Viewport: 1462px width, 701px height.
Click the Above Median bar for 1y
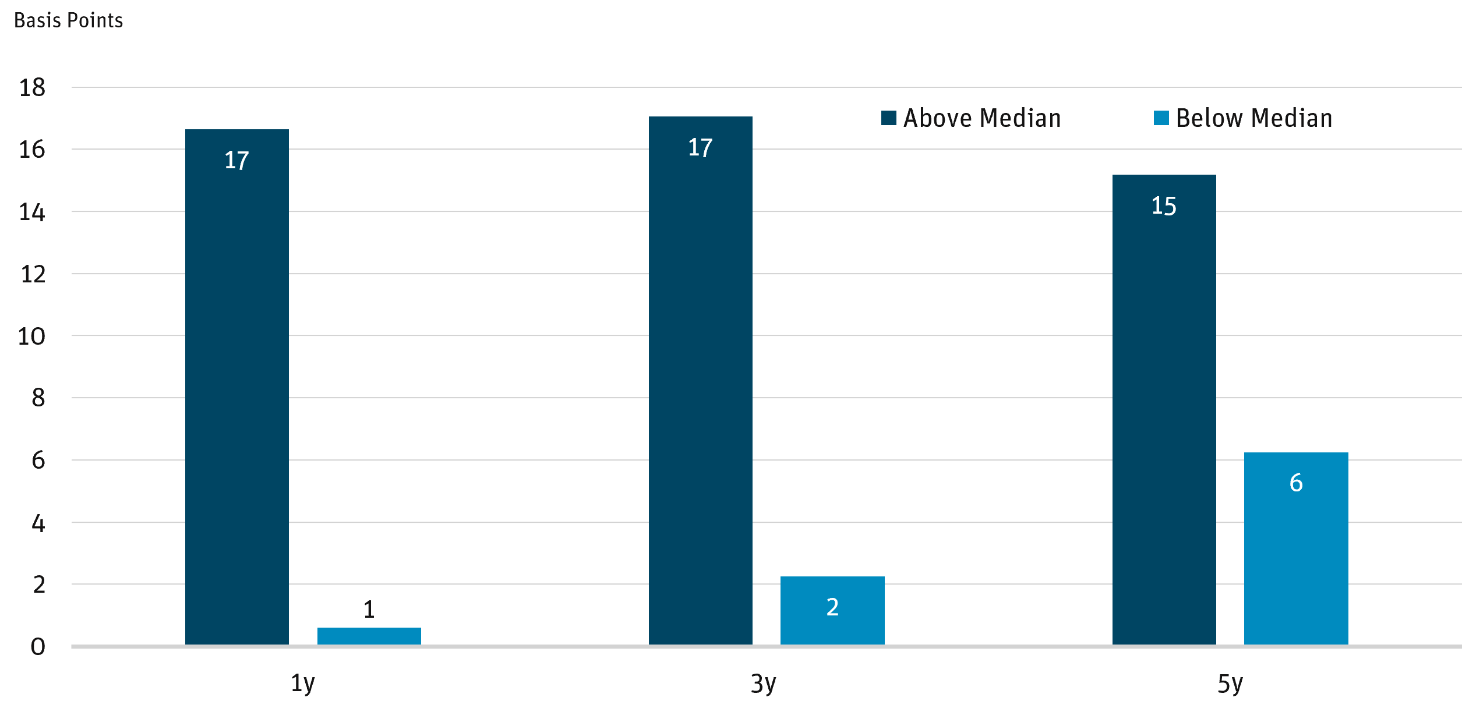pyautogui.click(x=236, y=387)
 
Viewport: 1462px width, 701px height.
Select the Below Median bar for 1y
pyautogui.click(x=369, y=636)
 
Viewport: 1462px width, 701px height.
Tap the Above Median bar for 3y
pyautogui.click(x=700, y=381)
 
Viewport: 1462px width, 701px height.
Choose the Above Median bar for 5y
pyautogui.click(x=1164, y=410)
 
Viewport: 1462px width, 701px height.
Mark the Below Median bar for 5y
pyautogui.click(x=1296, y=548)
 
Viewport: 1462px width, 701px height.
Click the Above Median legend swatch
pyautogui.click(x=888, y=118)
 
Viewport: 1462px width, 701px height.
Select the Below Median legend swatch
pyautogui.click(x=1161, y=118)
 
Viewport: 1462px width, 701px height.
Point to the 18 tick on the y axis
pyautogui.click(x=32, y=88)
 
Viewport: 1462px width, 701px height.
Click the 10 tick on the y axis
pyautogui.click(x=32, y=336)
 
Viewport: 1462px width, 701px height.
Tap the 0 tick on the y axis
pyautogui.click(x=38, y=646)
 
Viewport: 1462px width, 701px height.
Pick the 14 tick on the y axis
pyautogui.click(x=32, y=212)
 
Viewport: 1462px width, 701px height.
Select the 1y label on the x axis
pyautogui.click(x=302, y=683)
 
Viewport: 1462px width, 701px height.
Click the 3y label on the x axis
pyautogui.click(x=763, y=683)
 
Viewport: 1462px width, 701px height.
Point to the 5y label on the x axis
pyautogui.click(x=1230, y=683)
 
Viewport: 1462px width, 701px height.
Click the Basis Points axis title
pyautogui.click(x=68, y=21)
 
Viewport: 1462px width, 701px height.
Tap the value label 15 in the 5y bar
pyautogui.click(x=1164, y=206)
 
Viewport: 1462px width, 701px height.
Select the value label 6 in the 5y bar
pyautogui.click(x=1296, y=483)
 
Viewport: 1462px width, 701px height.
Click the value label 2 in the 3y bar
pyautogui.click(x=832, y=607)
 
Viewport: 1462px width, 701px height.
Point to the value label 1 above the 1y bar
pyautogui.click(x=369, y=610)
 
